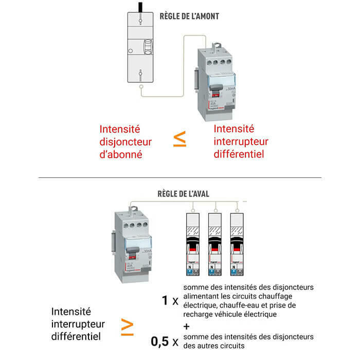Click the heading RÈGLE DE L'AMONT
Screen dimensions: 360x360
(x=189, y=16)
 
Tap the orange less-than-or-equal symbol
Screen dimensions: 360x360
(x=179, y=140)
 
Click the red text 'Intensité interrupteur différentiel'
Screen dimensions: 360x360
(x=241, y=141)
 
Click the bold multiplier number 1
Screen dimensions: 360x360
(x=165, y=300)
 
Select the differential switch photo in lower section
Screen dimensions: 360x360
(x=131, y=242)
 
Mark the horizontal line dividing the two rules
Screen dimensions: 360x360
(x=180, y=178)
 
